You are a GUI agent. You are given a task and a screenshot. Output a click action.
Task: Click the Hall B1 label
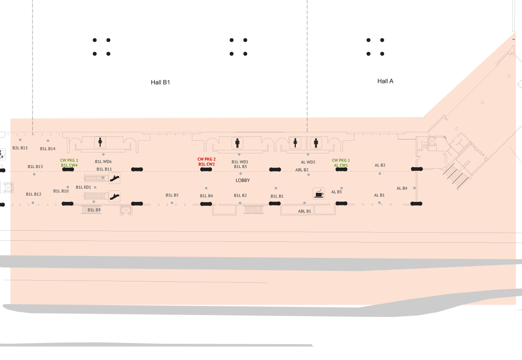(x=160, y=82)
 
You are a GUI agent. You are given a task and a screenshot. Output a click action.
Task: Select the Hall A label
(x=385, y=81)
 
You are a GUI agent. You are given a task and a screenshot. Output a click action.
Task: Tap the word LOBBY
(x=243, y=180)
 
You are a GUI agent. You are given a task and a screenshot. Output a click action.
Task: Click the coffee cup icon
(x=319, y=193)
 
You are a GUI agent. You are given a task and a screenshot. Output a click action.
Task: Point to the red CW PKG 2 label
(x=206, y=159)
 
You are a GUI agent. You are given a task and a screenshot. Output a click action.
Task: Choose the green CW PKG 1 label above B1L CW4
(x=69, y=160)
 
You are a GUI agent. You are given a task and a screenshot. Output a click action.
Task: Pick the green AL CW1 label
(x=341, y=165)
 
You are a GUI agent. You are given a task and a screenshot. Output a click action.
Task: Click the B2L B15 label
(x=20, y=148)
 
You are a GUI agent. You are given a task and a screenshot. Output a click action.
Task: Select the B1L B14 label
(x=48, y=149)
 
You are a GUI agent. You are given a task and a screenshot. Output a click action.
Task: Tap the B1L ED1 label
(x=83, y=187)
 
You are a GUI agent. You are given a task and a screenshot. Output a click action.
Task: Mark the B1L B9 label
(x=94, y=210)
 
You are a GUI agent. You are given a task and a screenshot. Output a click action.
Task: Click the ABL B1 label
(x=304, y=211)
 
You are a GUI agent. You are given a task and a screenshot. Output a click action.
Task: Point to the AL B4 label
(x=402, y=188)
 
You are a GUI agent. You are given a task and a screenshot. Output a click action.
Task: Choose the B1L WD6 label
(x=103, y=162)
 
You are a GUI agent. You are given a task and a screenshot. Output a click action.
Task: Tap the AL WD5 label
(x=308, y=162)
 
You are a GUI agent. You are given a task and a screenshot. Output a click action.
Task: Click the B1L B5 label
(x=172, y=195)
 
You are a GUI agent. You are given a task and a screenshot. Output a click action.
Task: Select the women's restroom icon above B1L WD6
(x=100, y=142)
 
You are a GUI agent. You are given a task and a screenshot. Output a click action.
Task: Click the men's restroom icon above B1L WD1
(x=237, y=143)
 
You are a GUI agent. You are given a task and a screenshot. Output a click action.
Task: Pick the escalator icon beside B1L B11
(x=115, y=178)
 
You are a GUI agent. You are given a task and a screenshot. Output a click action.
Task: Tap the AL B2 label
(x=380, y=165)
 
